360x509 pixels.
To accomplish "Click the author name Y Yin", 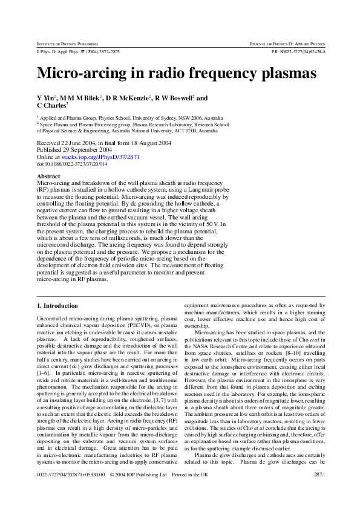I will (47, 98).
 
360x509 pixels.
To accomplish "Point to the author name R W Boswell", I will (174, 98).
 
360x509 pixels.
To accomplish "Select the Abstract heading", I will (48, 177).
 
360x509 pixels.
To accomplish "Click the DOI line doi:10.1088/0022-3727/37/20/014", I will (72, 163).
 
